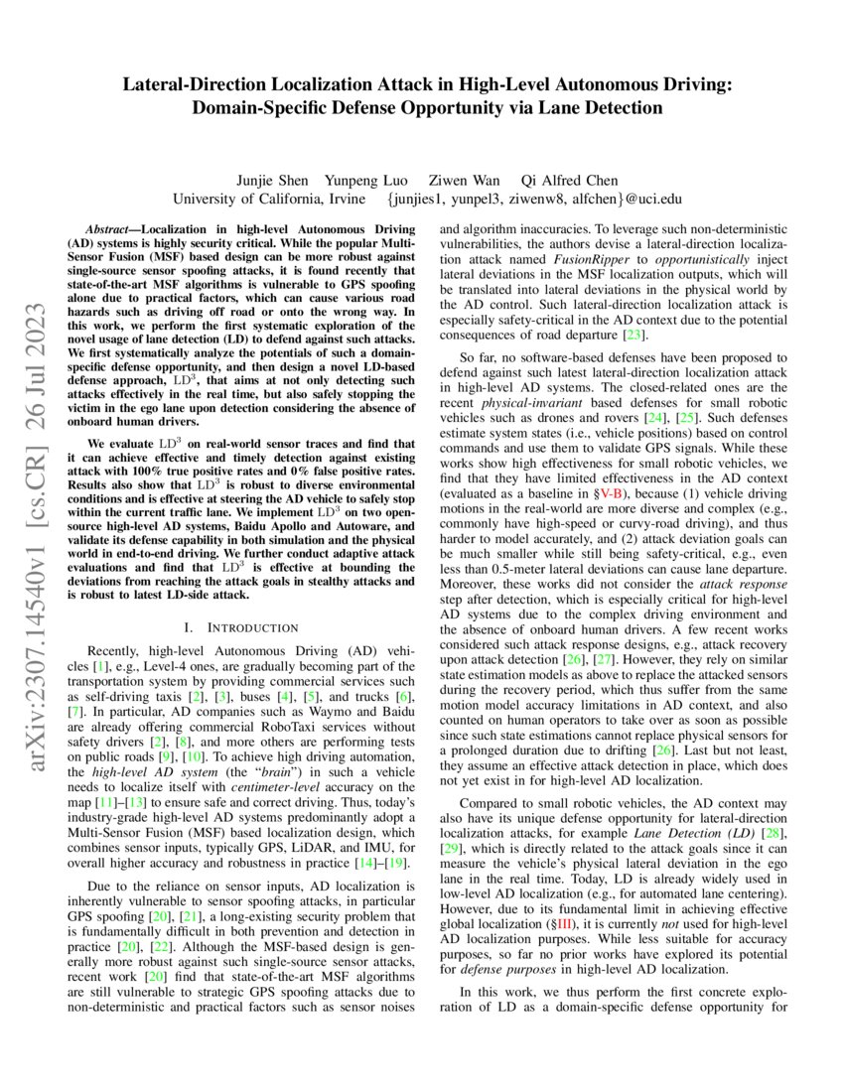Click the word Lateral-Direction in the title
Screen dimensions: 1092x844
click(200, 85)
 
